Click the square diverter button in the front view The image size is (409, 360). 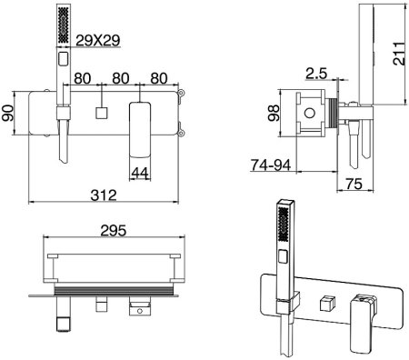click(x=102, y=115)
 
